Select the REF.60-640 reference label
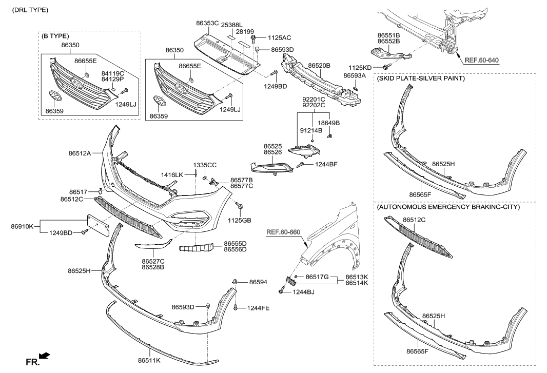point(482,60)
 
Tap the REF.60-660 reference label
point(284,231)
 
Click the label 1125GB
point(240,221)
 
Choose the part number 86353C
point(207,23)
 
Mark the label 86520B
point(319,66)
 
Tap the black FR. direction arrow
point(45,355)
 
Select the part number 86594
point(259,282)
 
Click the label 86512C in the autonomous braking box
point(415,220)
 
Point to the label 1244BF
point(326,164)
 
